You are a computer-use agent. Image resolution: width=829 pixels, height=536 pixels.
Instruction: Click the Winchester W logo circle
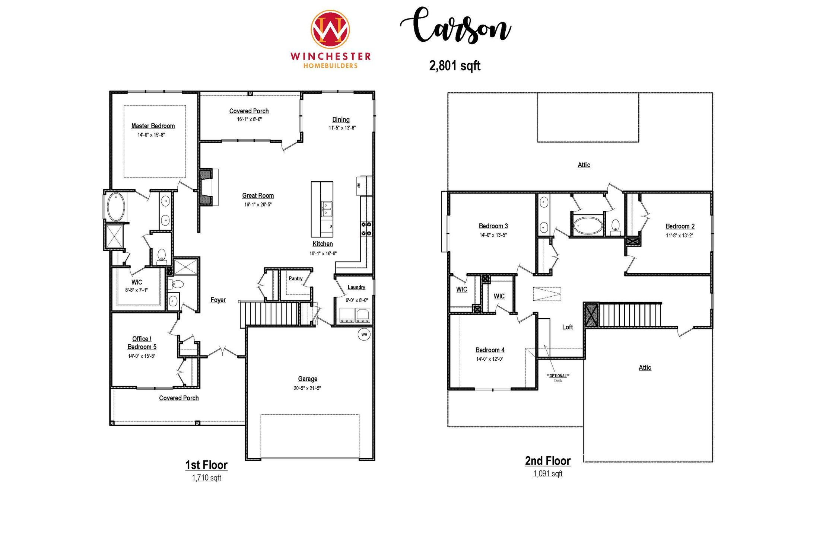[330, 29]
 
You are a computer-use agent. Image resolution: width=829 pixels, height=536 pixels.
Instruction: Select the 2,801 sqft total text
[455, 66]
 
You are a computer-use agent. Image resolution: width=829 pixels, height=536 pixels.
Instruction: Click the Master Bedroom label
[153, 126]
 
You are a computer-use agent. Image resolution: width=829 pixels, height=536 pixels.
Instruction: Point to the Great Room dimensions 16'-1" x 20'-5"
[258, 204]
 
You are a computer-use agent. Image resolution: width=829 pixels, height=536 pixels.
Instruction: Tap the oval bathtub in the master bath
[116, 207]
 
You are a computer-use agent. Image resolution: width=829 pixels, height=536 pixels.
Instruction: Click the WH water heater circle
[364, 334]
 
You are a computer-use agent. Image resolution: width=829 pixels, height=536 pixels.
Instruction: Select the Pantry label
[295, 278]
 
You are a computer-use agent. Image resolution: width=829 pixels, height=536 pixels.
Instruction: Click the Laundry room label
[356, 287]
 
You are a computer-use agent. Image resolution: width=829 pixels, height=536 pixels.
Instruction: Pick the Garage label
[308, 379]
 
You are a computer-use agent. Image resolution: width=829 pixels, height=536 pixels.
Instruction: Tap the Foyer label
[218, 300]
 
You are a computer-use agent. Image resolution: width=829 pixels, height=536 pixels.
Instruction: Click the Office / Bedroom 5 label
[142, 342]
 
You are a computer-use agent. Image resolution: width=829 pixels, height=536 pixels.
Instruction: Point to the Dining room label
[341, 119]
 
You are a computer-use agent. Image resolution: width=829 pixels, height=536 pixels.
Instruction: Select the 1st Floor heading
[206, 465]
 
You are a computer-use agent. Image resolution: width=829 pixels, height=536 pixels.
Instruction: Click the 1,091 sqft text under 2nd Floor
[548, 473]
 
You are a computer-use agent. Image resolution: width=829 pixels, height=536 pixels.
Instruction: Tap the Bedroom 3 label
[493, 226]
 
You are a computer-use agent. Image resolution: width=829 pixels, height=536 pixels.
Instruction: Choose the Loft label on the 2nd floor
[567, 327]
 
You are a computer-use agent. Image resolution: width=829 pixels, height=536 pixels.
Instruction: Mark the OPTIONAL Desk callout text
[558, 377]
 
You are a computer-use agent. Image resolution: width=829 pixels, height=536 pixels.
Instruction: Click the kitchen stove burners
[366, 229]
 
